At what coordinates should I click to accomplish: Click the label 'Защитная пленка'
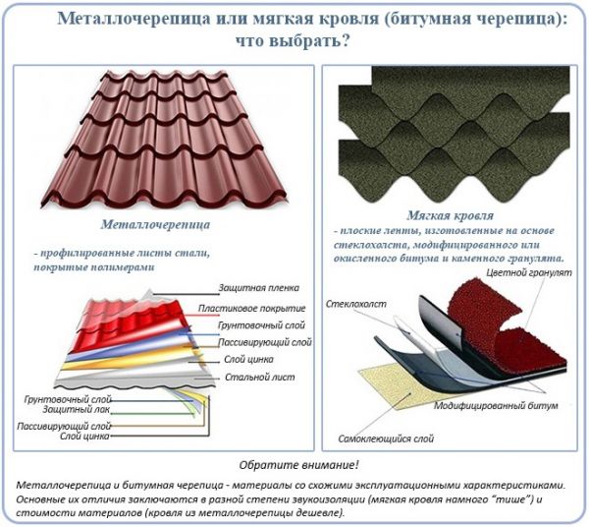pyautogui.click(x=259, y=288)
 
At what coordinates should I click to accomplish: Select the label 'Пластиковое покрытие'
pyautogui.click(x=251, y=309)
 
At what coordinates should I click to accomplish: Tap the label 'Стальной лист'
pyautogui.click(x=260, y=377)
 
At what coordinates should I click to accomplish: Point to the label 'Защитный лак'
pyautogui.click(x=77, y=409)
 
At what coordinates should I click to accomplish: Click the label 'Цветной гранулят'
pyautogui.click(x=529, y=272)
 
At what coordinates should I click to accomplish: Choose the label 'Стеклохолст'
pyautogui.click(x=356, y=304)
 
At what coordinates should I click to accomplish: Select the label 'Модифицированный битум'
pyautogui.click(x=496, y=405)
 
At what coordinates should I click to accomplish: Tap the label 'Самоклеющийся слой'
pyautogui.click(x=386, y=439)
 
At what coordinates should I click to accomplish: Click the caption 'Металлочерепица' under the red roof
pyautogui.click(x=155, y=224)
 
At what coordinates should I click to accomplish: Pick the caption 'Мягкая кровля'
pyautogui.click(x=450, y=215)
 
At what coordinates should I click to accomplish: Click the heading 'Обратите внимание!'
pyautogui.click(x=299, y=465)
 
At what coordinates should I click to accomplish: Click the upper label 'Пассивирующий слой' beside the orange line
pyautogui.click(x=265, y=342)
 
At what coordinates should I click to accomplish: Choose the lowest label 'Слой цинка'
pyautogui.click(x=84, y=437)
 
